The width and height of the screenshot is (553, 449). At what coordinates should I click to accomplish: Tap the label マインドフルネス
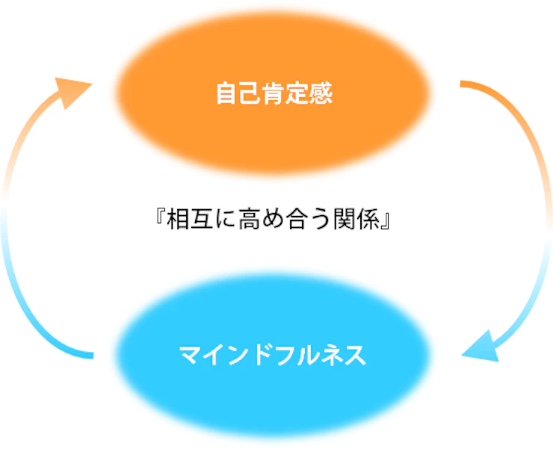(x=274, y=355)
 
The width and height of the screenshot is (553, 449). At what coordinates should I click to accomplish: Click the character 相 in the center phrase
(x=179, y=222)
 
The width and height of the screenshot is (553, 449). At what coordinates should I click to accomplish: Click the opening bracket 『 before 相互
(x=159, y=222)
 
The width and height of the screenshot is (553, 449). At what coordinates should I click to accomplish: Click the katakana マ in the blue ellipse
(x=191, y=355)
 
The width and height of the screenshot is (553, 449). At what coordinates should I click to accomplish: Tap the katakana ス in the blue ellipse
(x=356, y=355)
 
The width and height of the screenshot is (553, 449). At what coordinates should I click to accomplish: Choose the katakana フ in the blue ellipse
(x=285, y=355)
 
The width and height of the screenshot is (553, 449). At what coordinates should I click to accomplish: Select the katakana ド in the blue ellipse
(x=262, y=355)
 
